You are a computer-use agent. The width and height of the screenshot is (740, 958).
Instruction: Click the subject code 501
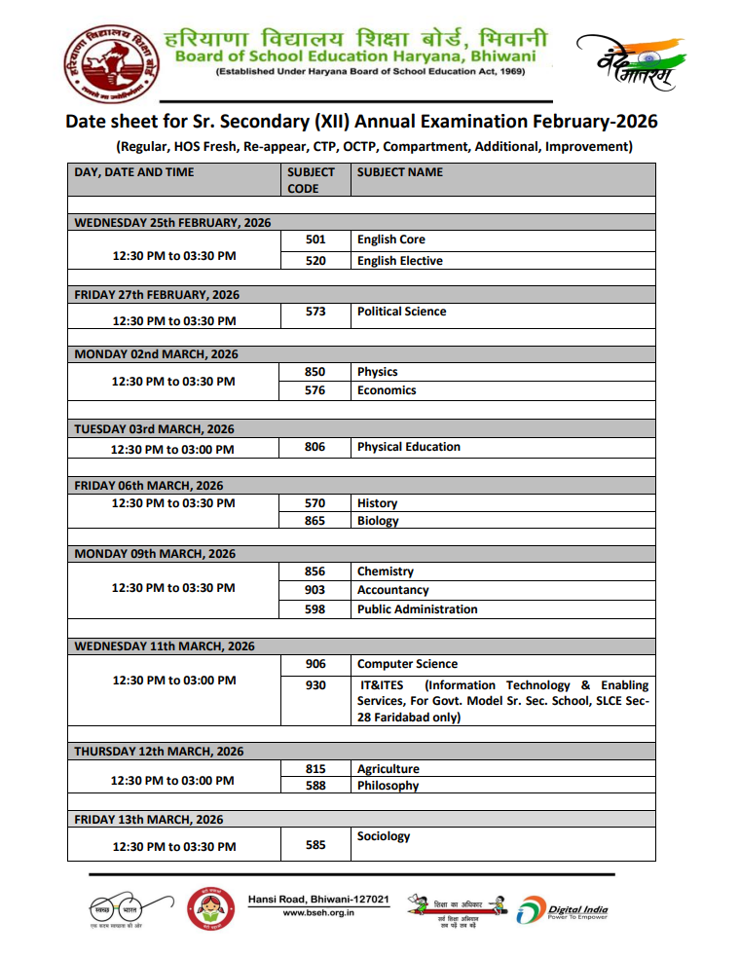pyautogui.click(x=314, y=239)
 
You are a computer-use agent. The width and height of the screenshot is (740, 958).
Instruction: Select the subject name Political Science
pyautogui.click(x=401, y=312)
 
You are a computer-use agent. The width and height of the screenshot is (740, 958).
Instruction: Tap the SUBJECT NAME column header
pyautogui.click(x=399, y=172)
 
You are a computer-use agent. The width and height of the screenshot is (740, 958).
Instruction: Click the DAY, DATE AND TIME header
pyautogui.click(x=134, y=172)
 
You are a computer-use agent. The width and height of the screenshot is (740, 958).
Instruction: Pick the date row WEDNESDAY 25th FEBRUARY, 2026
pyautogui.click(x=172, y=223)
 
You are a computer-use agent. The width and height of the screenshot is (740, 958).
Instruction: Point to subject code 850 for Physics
pyautogui.click(x=314, y=372)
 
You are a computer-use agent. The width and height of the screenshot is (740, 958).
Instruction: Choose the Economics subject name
pyautogui.click(x=387, y=390)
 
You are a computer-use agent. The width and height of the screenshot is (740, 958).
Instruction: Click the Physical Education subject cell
pyautogui.click(x=408, y=447)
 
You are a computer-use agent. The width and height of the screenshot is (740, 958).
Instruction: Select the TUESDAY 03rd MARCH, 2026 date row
pyautogui.click(x=154, y=429)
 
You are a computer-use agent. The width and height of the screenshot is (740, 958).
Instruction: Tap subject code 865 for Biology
pyautogui.click(x=314, y=521)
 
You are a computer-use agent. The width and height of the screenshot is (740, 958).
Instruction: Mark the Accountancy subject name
pyautogui.click(x=392, y=590)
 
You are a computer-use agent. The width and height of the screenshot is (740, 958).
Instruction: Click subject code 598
pyautogui.click(x=314, y=609)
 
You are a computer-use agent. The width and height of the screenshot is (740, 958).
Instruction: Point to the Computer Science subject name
pyautogui.click(x=407, y=664)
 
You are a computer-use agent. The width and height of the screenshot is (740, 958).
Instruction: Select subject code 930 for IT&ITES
pyautogui.click(x=314, y=685)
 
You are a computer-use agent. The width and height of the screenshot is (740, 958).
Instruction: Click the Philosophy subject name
pyautogui.click(x=388, y=786)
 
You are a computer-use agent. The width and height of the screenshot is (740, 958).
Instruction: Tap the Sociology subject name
pyautogui.click(x=384, y=836)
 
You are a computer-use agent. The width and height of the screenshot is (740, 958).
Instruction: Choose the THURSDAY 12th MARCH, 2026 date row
pyautogui.click(x=159, y=752)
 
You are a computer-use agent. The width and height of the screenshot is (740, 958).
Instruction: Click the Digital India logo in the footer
pyautogui.click(x=562, y=910)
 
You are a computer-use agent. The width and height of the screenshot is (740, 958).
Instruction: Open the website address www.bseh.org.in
pyautogui.click(x=318, y=913)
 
